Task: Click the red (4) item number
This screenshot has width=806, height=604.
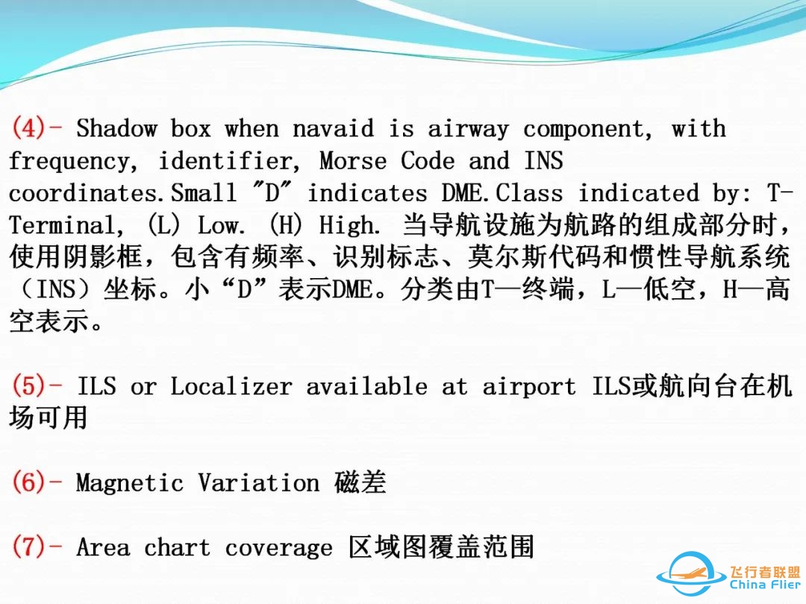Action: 29,128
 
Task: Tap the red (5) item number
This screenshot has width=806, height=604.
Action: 29,386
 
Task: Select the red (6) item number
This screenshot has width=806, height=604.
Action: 29,482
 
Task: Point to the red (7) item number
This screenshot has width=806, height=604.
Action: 29,547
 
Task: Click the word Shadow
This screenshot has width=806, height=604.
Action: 116,128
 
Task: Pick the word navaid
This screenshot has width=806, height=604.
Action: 333,128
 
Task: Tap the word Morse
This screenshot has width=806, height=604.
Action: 353,161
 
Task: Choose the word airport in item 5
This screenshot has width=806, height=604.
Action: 529,387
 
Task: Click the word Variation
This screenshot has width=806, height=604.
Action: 259,483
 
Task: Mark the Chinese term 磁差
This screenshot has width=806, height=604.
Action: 360,482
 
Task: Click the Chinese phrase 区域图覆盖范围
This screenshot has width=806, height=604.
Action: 442,547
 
